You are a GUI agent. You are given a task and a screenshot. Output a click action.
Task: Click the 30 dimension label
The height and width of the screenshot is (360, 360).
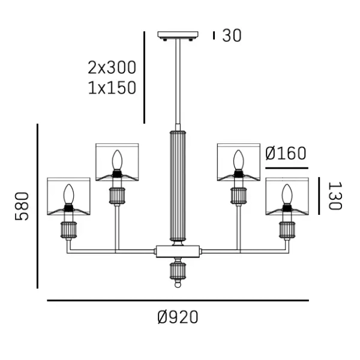tap(232, 36)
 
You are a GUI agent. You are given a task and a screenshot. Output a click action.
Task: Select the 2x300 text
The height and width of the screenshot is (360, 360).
tap(112, 67)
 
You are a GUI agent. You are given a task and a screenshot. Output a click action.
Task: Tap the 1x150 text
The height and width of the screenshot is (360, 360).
tap(112, 88)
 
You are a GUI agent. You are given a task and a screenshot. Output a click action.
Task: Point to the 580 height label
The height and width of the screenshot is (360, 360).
tap(22, 206)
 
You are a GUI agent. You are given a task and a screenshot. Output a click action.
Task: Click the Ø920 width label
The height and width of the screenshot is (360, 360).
tap(178, 317)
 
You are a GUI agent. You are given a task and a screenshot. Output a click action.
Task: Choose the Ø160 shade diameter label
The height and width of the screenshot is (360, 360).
tap(286, 154)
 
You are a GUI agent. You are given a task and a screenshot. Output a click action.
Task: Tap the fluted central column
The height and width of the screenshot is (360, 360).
tap(178, 186)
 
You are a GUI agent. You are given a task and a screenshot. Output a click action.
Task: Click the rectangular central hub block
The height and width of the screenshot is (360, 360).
tap(178, 250)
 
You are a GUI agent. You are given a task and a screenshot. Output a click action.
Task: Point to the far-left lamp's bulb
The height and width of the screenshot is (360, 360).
tap(68, 194)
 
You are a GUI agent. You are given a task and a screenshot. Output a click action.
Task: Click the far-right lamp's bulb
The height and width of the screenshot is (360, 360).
tap(286, 194)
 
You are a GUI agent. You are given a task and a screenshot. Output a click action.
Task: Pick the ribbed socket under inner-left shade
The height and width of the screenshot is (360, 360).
tap(117, 196)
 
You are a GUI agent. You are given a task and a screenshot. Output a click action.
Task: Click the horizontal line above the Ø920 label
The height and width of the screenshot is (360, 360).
tap(178, 301)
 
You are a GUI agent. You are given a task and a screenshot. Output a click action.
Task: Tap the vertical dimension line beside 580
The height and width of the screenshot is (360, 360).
tap(38, 206)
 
